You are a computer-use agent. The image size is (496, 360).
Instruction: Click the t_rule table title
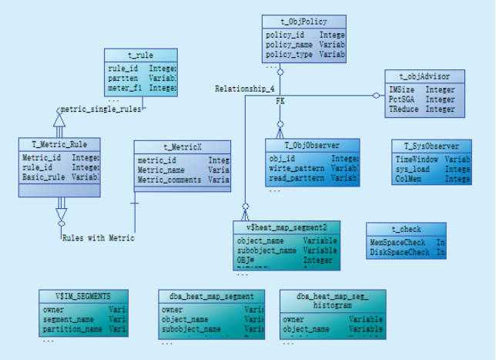tap(140, 56)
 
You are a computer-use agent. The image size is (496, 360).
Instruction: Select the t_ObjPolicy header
tap(303, 22)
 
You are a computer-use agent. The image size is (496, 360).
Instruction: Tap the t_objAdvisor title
tap(425, 76)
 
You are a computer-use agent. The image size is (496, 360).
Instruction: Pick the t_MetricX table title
tap(182, 146)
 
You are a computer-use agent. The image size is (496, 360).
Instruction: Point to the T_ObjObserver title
tap(312, 145)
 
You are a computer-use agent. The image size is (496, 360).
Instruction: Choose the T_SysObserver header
tap(431, 146)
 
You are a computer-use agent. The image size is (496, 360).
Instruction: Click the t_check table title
tap(405, 230)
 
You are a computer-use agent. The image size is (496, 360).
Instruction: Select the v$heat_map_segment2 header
tap(287, 227)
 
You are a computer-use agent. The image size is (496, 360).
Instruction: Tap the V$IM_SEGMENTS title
tap(82, 296)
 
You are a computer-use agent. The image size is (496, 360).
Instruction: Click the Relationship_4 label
tap(240, 89)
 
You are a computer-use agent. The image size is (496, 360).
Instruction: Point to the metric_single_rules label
tap(101, 109)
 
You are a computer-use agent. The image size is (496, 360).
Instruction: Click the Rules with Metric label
tap(98, 238)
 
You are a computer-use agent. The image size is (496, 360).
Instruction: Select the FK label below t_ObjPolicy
tap(280, 102)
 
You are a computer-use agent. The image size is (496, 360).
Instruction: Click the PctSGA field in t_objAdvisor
tap(403, 99)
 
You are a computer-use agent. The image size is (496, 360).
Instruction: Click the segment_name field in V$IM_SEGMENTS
tap(69, 319)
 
